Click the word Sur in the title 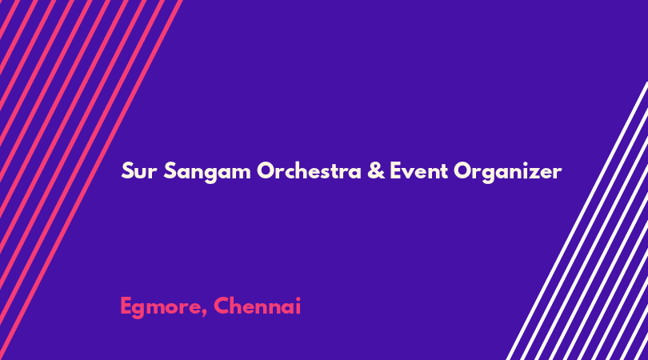[x=139, y=171]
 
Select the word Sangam [x=207, y=172]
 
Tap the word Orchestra [x=309, y=170]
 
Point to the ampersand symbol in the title [x=376, y=170]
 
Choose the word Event [x=418, y=171]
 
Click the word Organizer [x=507, y=172]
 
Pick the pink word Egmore [x=164, y=307]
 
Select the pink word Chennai [x=257, y=306]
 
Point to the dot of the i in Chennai [x=297, y=299]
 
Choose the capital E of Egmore [x=126, y=306]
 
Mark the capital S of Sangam [x=170, y=171]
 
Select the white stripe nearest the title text [x=577, y=221]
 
